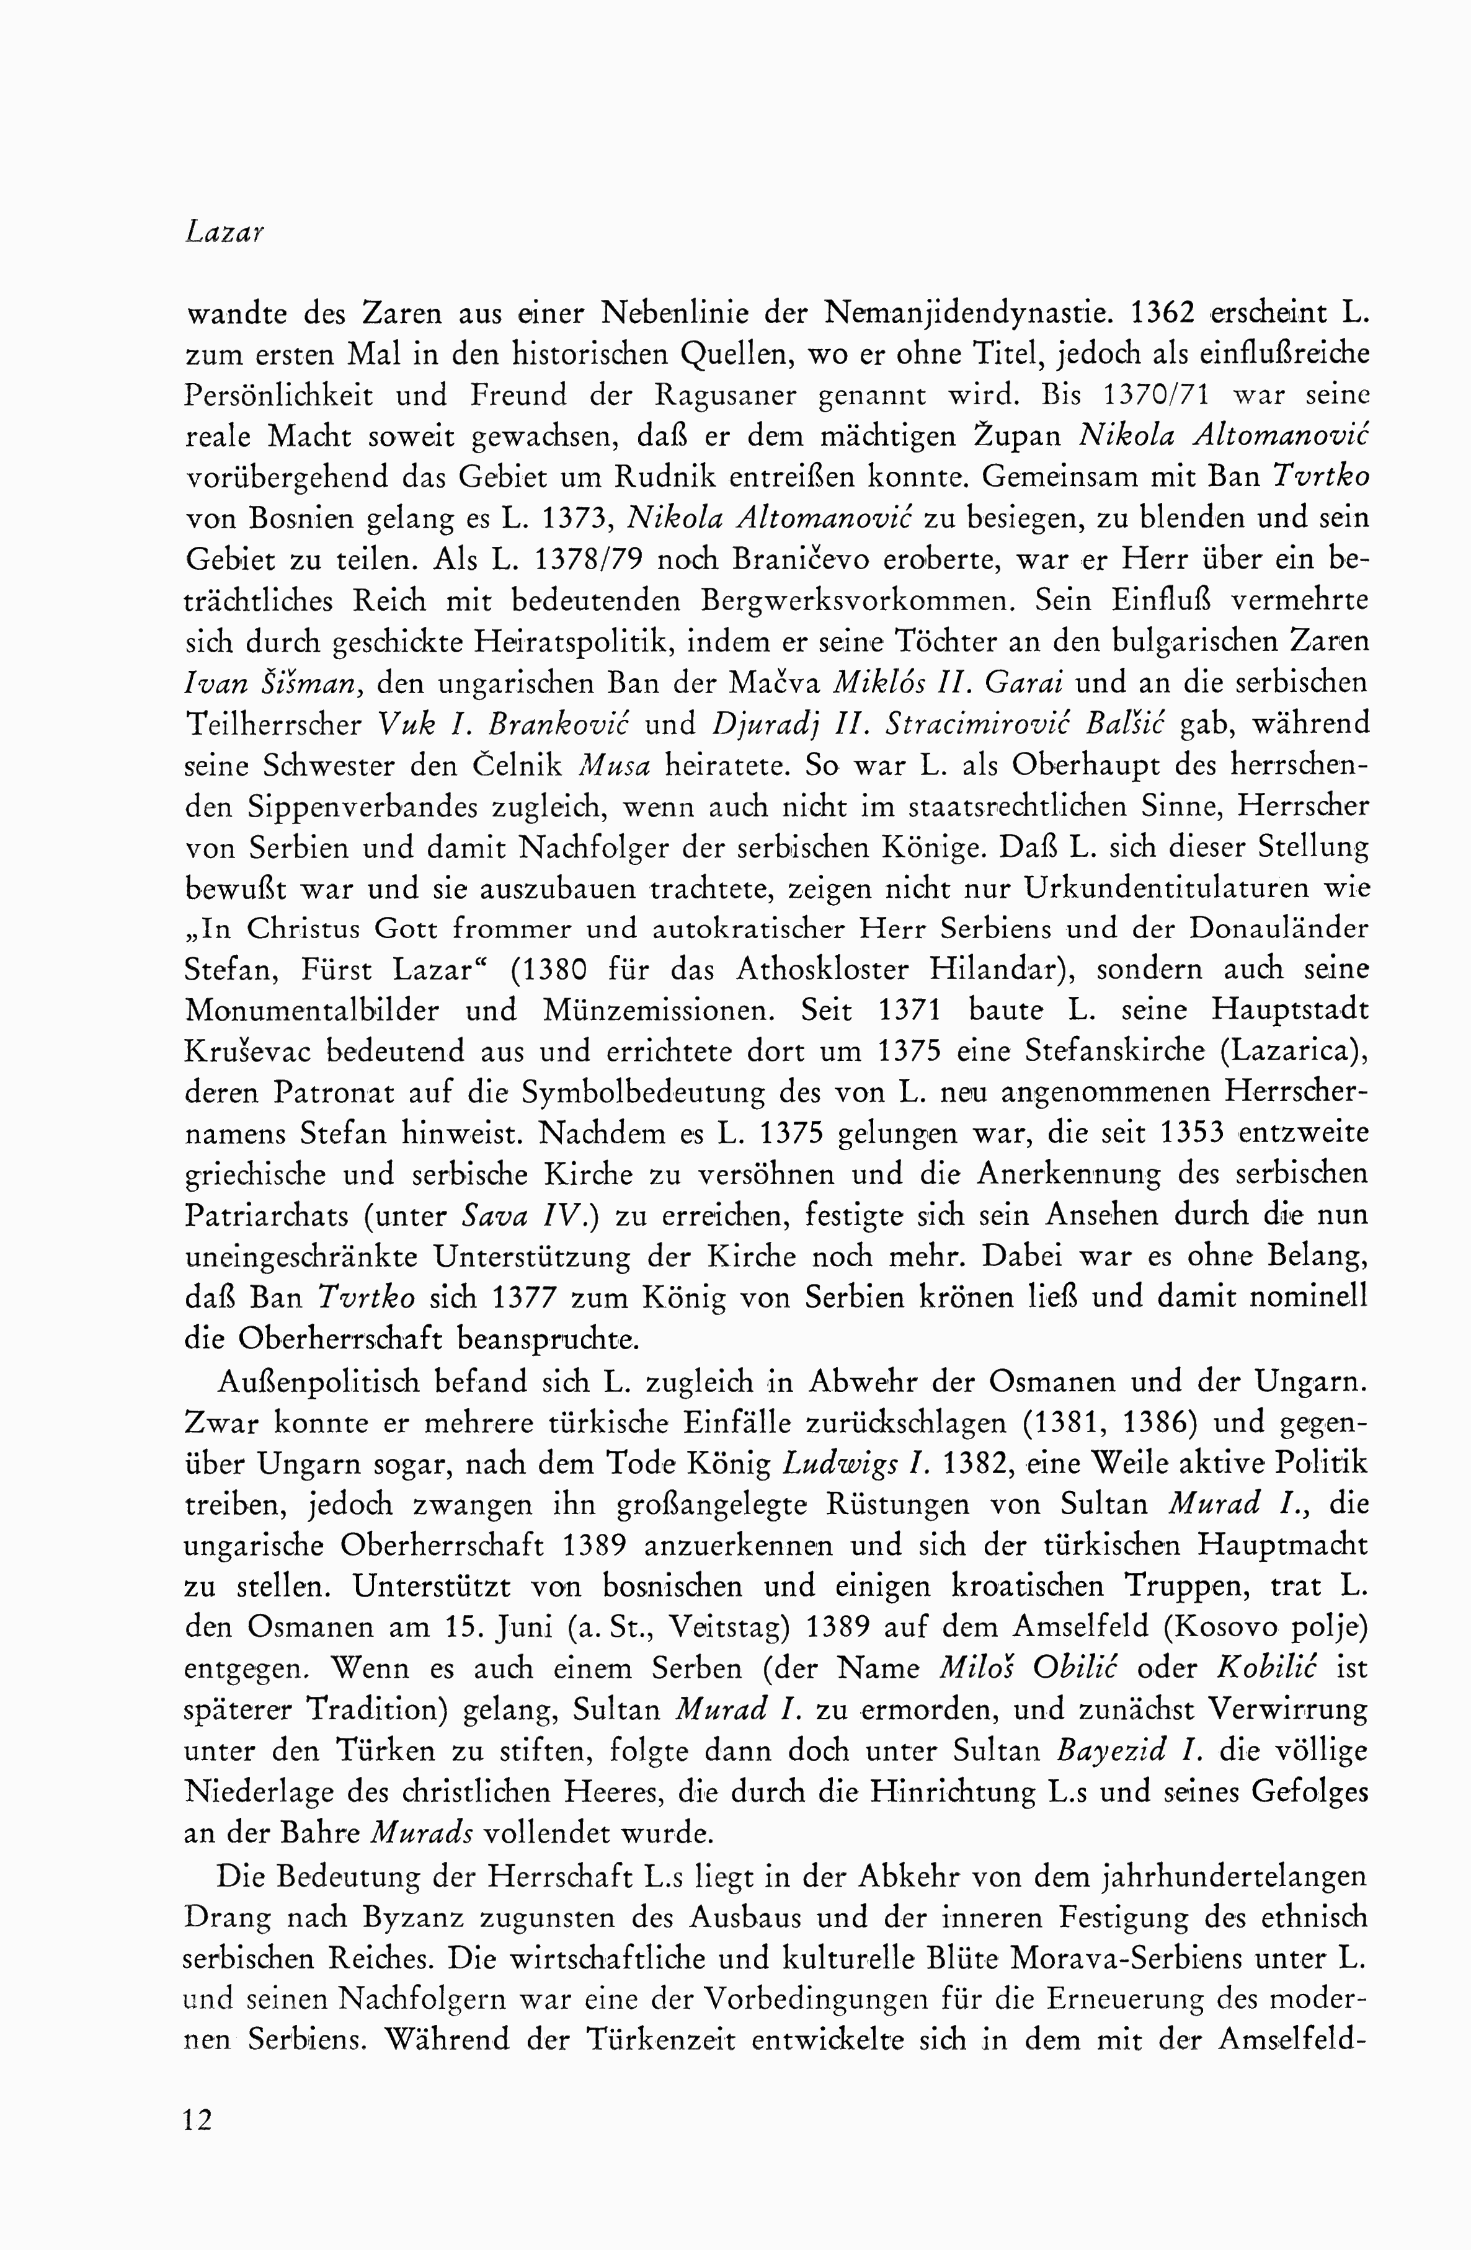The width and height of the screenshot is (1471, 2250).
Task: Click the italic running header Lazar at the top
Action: [223, 233]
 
